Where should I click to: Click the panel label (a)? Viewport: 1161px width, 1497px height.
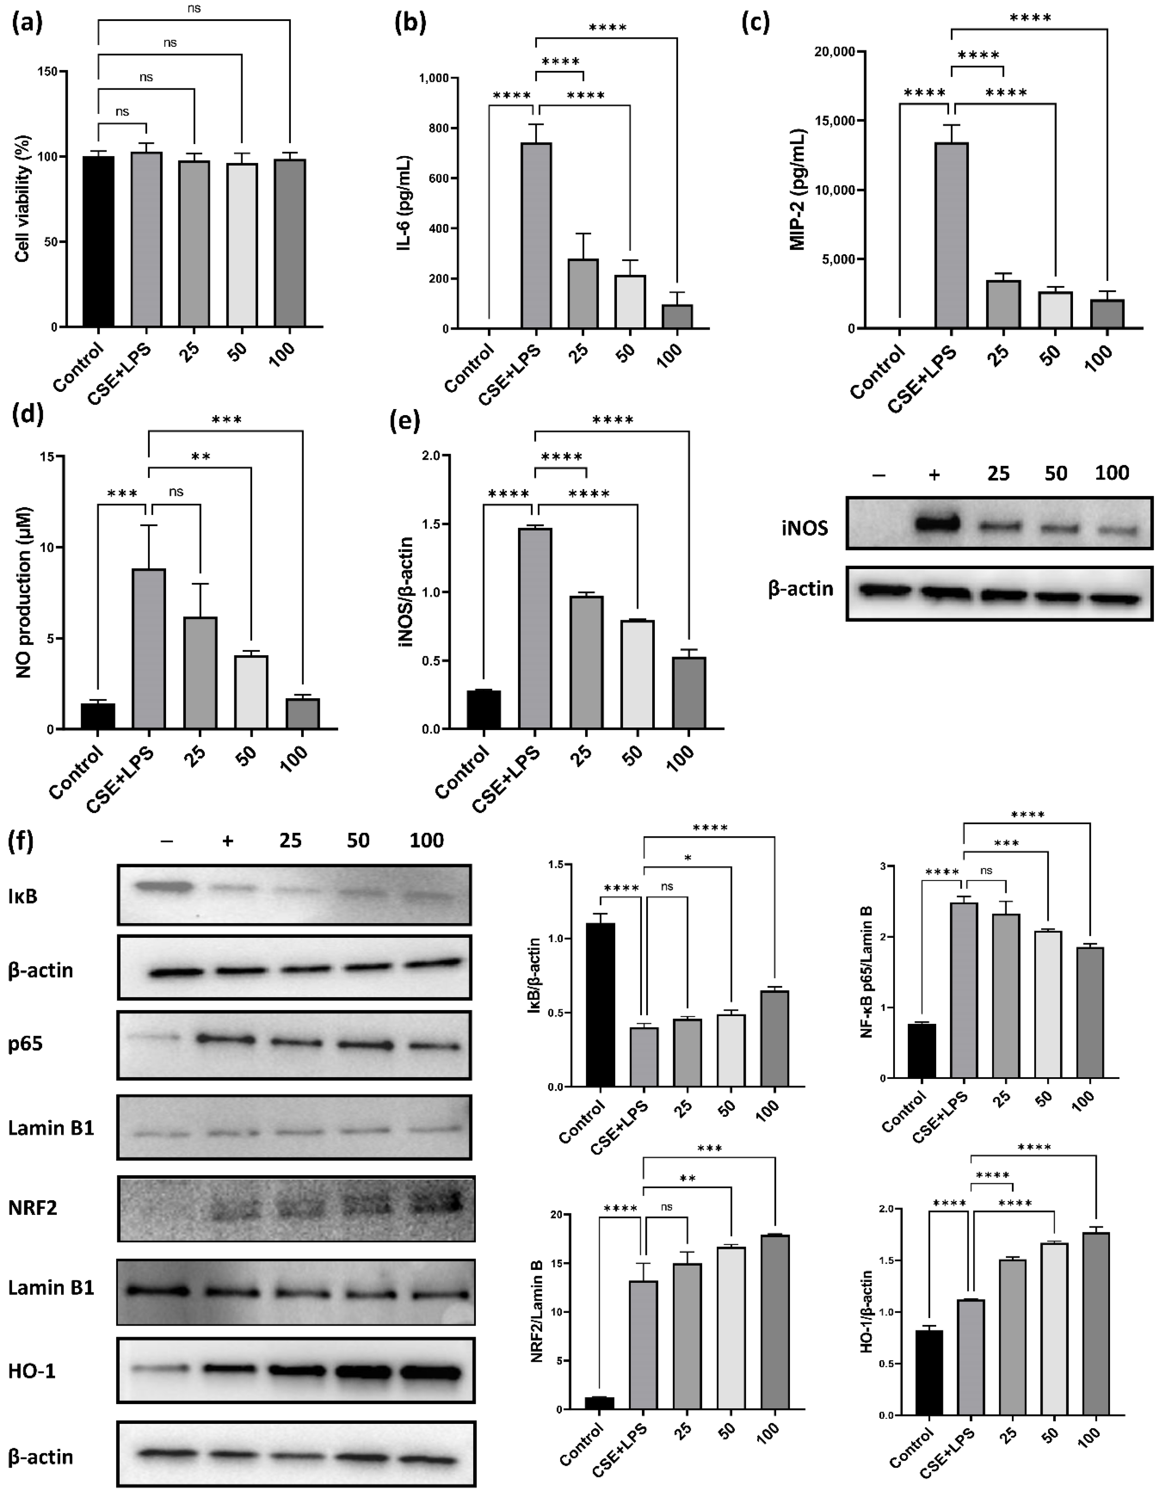pos(28,24)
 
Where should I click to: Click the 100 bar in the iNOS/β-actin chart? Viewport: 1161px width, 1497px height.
pos(689,692)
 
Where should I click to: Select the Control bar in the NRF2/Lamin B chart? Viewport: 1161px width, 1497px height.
pos(600,1402)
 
